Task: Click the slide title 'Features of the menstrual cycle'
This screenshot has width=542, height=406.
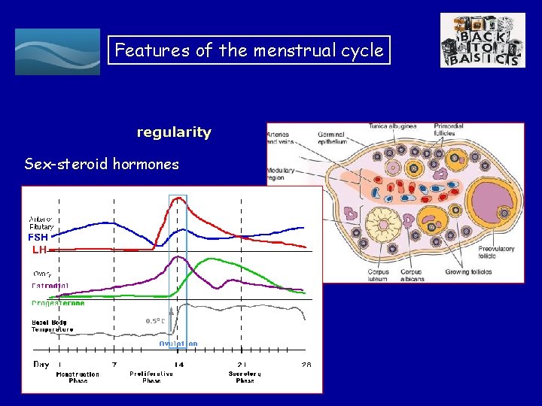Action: [x=249, y=50]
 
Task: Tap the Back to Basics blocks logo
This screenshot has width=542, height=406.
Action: [x=483, y=41]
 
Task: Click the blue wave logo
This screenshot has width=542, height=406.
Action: [x=57, y=52]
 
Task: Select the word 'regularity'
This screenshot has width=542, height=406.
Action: [x=174, y=132]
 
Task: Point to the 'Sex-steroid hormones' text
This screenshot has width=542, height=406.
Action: [x=102, y=164]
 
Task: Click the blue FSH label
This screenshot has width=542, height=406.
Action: [x=38, y=237]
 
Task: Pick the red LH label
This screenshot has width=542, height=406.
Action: [x=39, y=249]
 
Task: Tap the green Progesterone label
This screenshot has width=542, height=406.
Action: [x=58, y=304]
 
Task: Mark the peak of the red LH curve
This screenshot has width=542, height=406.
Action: [x=178, y=198]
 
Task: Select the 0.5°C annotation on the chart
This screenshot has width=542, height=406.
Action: [x=155, y=321]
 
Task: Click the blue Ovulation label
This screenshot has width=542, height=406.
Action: [x=178, y=344]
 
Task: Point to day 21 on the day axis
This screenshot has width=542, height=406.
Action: [x=242, y=364]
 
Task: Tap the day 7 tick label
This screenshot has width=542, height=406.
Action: [x=114, y=364]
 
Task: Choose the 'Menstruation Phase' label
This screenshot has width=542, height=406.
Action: [x=77, y=377]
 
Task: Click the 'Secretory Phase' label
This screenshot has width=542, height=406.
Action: [x=245, y=377]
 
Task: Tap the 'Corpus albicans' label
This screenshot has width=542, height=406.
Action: [x=412, y=275]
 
